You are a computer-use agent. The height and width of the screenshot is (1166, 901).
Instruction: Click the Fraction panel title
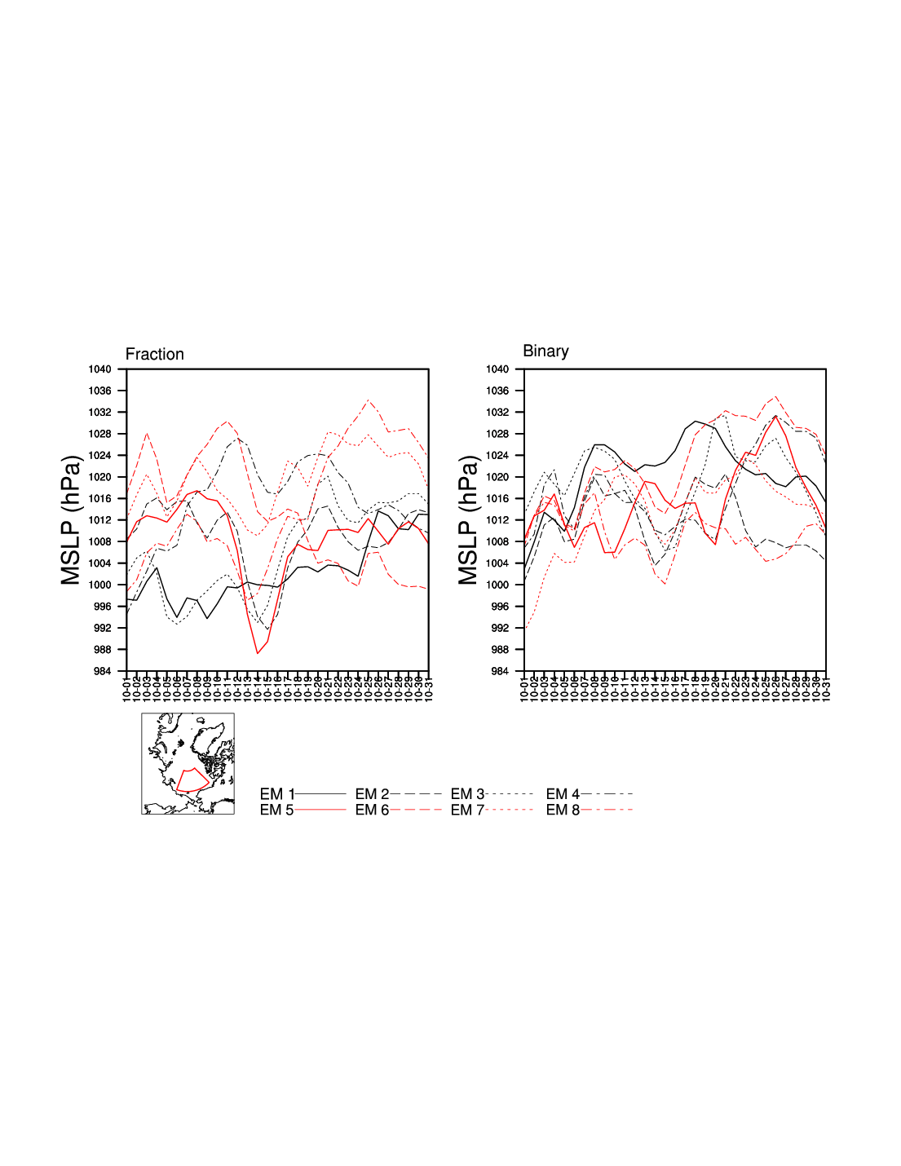[154, 355]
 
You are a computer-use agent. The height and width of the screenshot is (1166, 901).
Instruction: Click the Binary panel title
[545, 351]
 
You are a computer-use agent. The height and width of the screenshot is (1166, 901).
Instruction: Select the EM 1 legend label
[276, 794]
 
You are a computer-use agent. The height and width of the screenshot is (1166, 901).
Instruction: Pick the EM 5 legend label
[276, 810]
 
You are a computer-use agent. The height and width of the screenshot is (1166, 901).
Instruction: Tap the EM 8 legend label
[563, 810]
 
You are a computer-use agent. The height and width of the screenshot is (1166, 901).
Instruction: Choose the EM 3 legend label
[467, 794]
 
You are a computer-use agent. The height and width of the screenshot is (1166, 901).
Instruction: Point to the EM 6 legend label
[372, 810]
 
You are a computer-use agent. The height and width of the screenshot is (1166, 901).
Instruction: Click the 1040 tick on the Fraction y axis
[99, 369]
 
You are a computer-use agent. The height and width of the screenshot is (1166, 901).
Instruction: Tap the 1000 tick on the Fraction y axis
[99, 585]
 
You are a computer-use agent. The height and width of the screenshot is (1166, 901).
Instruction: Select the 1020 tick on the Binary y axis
[497, 477]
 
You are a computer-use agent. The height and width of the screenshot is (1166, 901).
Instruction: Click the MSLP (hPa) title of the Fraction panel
[71, 520]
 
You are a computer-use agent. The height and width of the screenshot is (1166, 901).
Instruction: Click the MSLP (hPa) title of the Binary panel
[468, 520]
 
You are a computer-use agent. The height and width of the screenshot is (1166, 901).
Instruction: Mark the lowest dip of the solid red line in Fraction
[258, 653]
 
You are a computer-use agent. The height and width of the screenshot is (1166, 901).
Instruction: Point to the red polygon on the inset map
[192, 780]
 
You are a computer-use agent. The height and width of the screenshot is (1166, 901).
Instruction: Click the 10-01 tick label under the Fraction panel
[126, 687]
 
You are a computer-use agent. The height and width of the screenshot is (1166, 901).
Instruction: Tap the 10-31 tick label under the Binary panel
[826, 687]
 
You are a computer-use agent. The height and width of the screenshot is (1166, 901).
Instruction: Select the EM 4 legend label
[563, 794]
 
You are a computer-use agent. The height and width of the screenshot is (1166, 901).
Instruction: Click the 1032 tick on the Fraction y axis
[99, 413]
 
